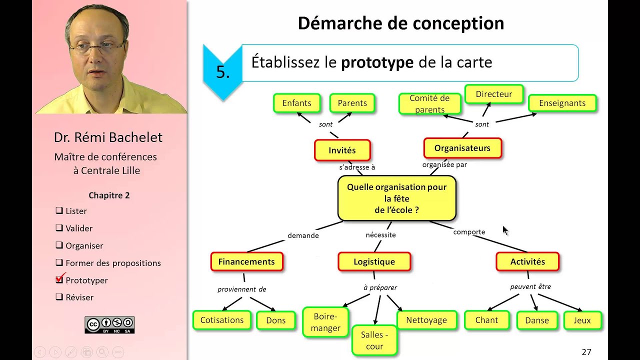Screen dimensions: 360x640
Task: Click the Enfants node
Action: [x=296, y=103]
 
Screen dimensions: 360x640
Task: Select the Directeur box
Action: [x=493, y=94]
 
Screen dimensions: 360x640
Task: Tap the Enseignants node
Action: [x=562, y=103]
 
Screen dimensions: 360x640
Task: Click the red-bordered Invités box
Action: [x=342, y=150]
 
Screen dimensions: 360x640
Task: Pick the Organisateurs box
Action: [x=462, y=148]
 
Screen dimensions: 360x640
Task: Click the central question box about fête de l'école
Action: [x=396, y=198]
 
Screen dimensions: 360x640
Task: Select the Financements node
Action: [x=246, y=261]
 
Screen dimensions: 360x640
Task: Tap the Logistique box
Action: [x=374, y=261]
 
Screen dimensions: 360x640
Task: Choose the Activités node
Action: [x=527, y=261]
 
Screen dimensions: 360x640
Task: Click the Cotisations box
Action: [x=222, y=320]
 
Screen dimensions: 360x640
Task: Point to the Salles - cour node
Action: [x=374, y=340]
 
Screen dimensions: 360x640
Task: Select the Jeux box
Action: [x=582, y=320]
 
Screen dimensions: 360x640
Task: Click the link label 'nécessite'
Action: [x=380, y=235]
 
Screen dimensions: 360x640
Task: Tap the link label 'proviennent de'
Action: [x=241, y=289]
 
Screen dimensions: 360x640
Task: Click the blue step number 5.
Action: [x=222, y=72]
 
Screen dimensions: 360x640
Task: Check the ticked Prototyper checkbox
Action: [x=59, y=280]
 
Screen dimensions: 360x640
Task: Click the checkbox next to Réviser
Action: [x=59, y=297]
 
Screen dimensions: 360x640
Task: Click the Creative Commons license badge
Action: [x=109, y=325]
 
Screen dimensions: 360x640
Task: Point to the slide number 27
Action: [x=586, y=352]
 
